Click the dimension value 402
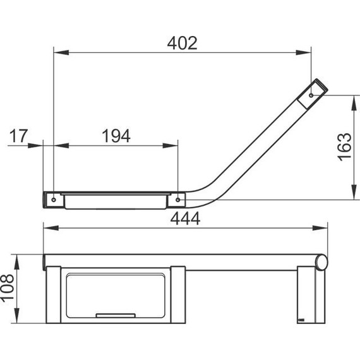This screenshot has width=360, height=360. [182, 43]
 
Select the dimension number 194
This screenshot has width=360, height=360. [116, 136]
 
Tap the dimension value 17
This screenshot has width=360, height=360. [19, 136]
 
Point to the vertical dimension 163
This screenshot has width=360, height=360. [345, 147]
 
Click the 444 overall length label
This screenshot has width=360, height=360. [185, 219]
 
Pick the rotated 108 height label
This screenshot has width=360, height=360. [7, 289]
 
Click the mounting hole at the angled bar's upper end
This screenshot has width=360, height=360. [311, 95]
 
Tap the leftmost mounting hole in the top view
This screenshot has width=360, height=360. [54, 200]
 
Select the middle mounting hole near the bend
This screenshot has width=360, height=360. [177, 200]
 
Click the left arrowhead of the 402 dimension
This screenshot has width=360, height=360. [61, 52]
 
